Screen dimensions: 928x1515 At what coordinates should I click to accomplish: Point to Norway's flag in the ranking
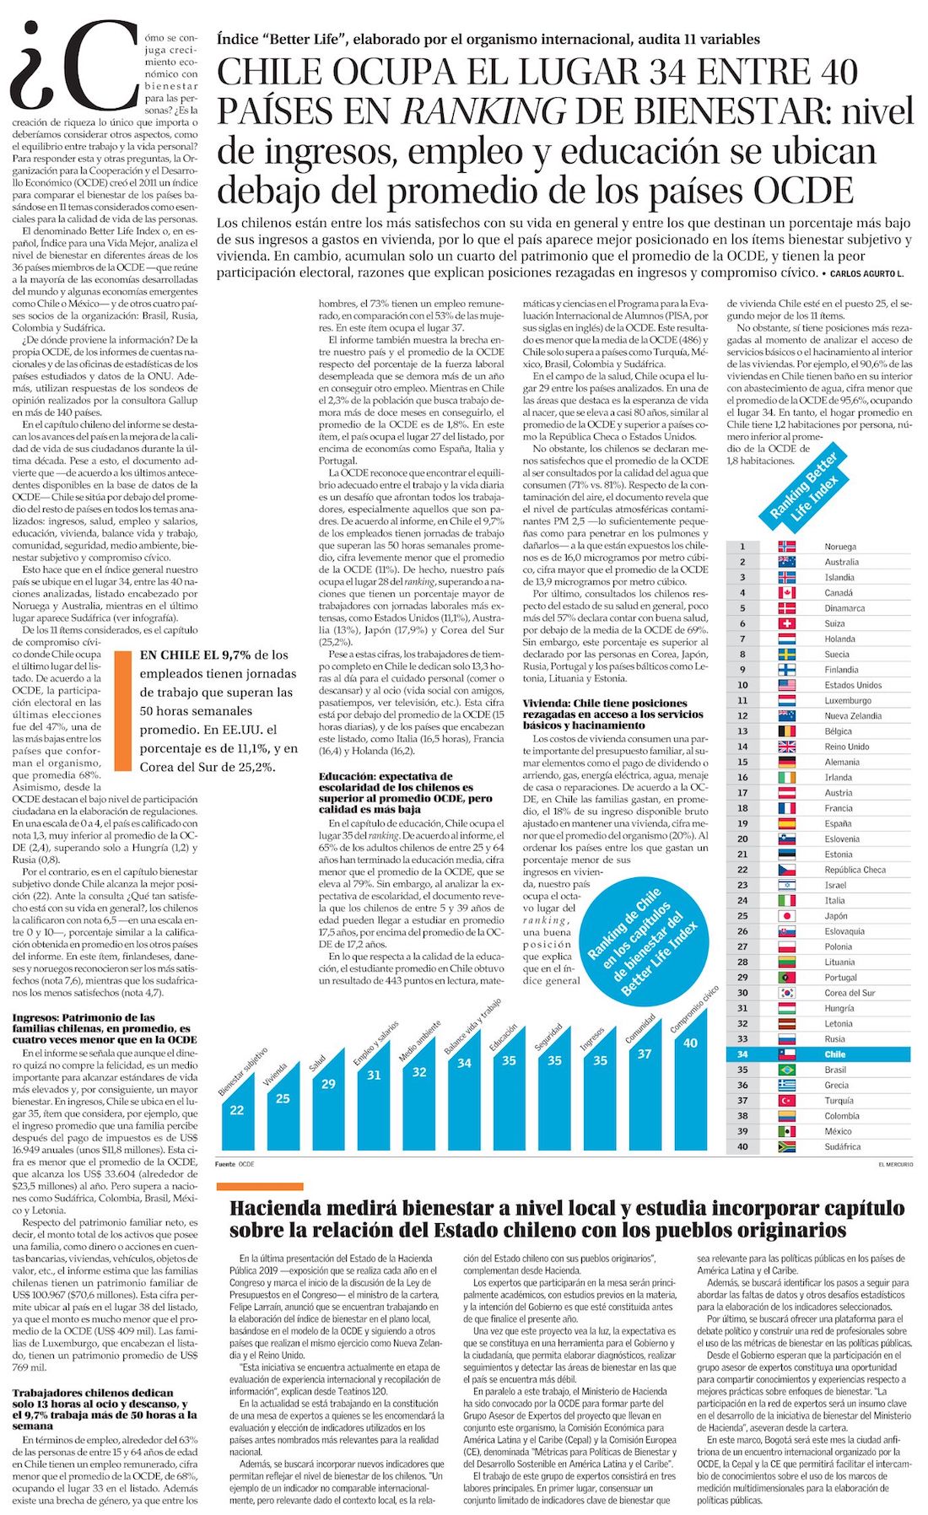786,547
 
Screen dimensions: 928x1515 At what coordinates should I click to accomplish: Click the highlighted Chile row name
835,1054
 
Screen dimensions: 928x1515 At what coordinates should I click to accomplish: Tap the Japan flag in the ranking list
786,916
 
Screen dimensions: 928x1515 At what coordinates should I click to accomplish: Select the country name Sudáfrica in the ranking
843,1146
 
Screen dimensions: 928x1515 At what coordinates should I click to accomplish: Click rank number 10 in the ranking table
742,685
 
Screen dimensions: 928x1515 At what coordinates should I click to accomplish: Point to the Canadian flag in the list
786,593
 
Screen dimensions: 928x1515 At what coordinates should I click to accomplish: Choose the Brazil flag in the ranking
786,1070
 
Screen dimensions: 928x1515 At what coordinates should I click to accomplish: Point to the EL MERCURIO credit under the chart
895,1164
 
